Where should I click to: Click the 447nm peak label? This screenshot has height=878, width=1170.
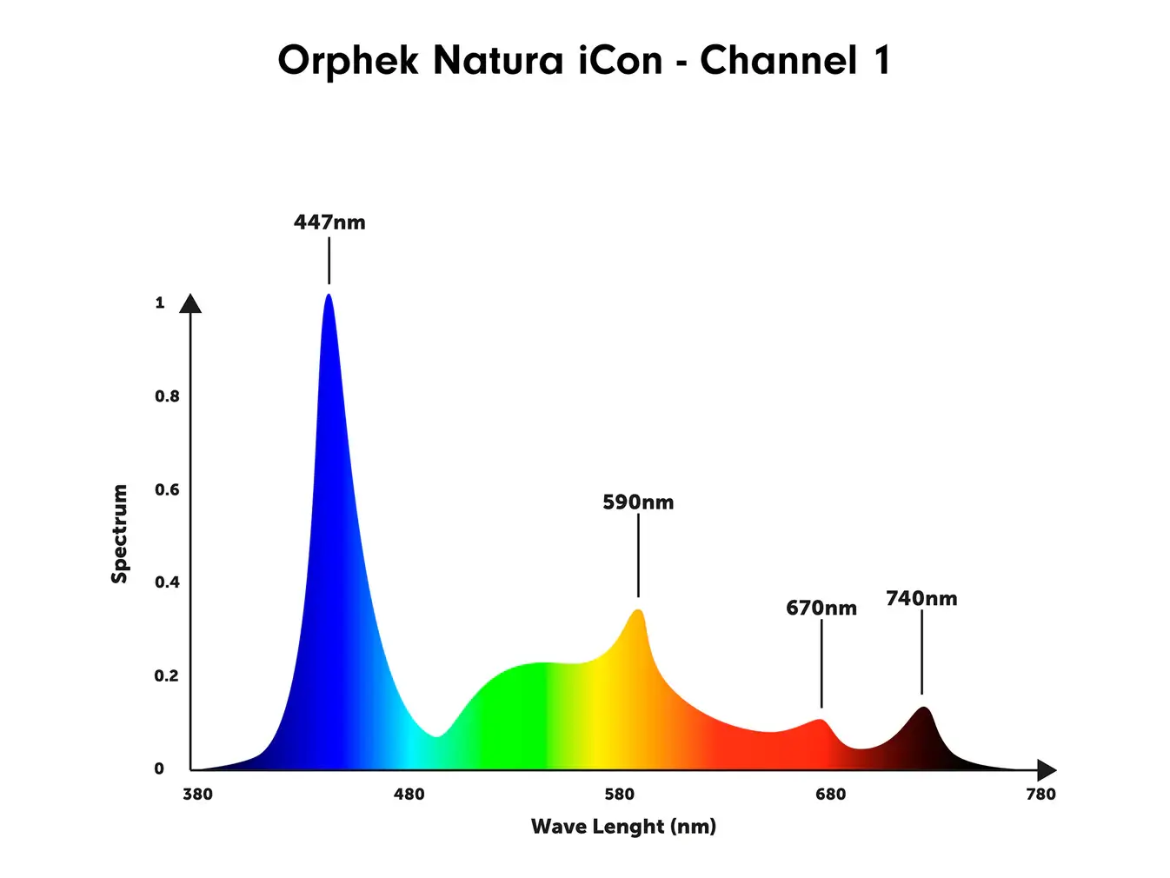click(x=329, y=223)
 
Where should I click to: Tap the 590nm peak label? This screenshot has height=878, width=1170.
click(x=638, y=502)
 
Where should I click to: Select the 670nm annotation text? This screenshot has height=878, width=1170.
click(x=821, y=609)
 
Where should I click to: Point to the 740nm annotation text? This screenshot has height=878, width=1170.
click(x=921, y=599)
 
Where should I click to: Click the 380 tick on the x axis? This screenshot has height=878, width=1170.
click(x=198, y=794)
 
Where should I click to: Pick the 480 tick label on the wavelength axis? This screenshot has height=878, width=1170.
click(x=409, y=794)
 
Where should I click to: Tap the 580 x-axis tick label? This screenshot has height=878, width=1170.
click(x=620, y=794)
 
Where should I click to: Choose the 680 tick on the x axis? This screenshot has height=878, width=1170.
click(x=830, y=794)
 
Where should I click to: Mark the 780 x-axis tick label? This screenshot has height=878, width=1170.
click(x=1040, y=794)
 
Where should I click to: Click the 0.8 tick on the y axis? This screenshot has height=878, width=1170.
click(x=167, y=396)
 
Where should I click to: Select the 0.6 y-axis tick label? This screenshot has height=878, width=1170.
click(x=167, y=489)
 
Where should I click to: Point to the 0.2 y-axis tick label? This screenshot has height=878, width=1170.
click(x=167, y=675)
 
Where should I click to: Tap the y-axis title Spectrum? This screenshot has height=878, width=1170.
click(x=120, y=534)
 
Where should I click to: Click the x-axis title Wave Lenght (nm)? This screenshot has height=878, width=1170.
click(x=623, y=826)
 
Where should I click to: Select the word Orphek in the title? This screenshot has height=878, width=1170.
click(x=348, y=61)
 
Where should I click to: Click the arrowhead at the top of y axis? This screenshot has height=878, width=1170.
click(x=190, y=303)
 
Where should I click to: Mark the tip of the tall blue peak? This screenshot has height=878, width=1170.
click(x=329, y=296)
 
